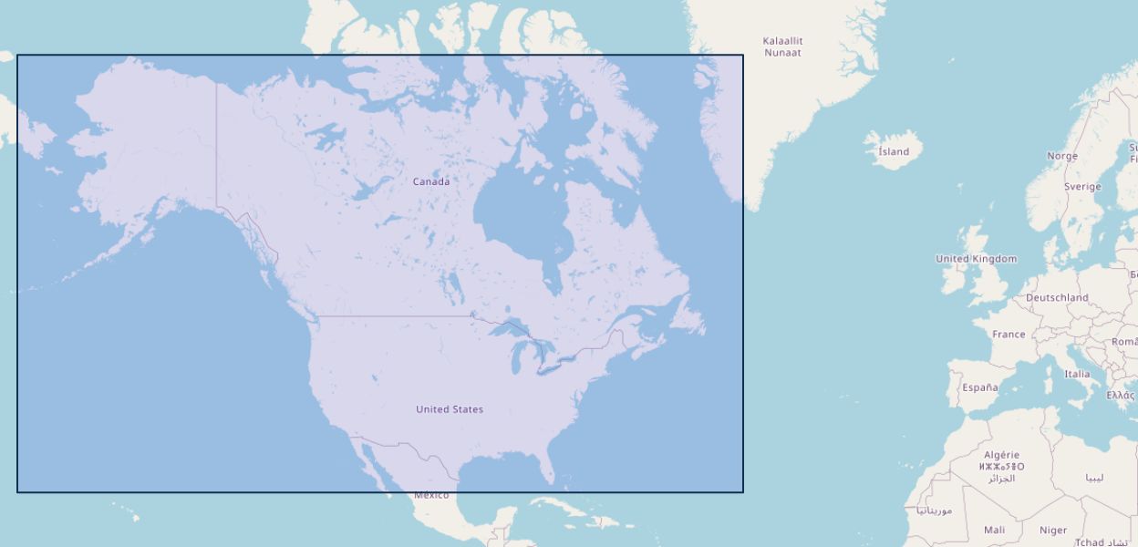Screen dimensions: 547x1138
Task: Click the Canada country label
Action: [430, 181]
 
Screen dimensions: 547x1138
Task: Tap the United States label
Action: [450, 409]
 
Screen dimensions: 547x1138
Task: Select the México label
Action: [431, 495]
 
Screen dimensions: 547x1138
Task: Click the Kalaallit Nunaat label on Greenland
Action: [782, 46]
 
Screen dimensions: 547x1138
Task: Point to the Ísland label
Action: [894, 152]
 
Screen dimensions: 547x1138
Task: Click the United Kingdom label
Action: [976, 259]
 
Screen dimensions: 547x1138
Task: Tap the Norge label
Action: [1061, 156]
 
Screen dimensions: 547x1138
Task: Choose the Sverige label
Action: [1082, 187]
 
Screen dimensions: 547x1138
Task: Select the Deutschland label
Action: [1057, 298]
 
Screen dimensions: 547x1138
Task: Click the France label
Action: [1009, 335]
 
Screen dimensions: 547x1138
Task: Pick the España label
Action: [979, 387]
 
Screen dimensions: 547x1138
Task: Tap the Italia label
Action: [1077, 374]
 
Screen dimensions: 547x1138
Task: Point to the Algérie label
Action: [1001, 455]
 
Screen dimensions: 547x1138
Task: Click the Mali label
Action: [994, 530]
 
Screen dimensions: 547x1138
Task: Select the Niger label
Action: [1053, 530]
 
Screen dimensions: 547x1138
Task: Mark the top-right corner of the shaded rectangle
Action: [743, 55]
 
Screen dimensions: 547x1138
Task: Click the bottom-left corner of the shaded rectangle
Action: [17, 492]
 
